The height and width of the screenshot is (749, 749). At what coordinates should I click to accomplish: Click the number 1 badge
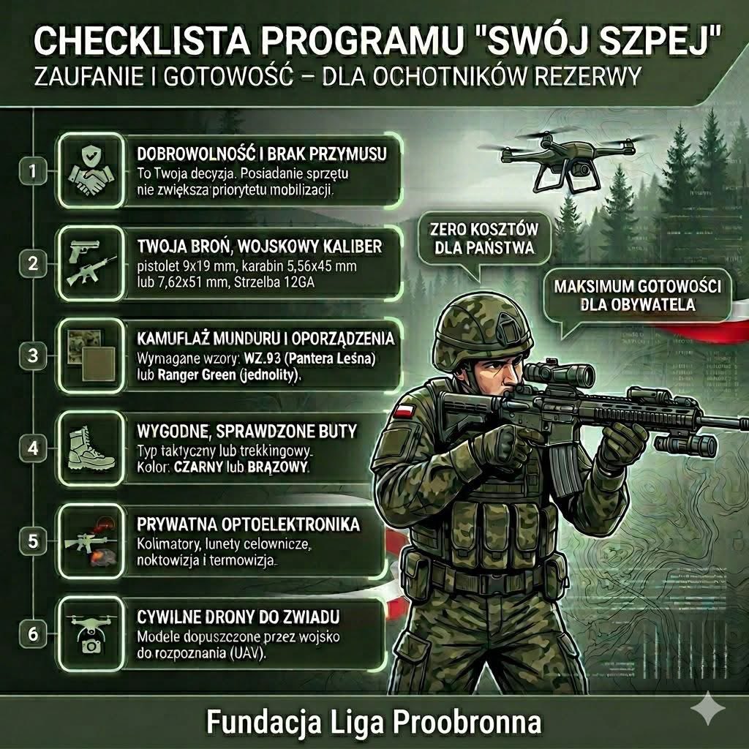tap(32, 170)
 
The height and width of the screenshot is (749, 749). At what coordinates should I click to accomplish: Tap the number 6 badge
tap(32, 634)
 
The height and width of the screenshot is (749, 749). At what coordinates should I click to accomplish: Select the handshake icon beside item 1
tap(91, 171)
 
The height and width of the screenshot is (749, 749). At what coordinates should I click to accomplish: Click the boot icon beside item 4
tap(91, 448)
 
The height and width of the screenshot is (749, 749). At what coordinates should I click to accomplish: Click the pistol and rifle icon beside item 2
tap(91, 263)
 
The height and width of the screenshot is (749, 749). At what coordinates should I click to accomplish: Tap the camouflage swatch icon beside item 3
tap(91, 355)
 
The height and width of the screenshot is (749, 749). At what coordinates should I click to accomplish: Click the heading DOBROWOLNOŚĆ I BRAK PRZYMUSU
tap(262, 154)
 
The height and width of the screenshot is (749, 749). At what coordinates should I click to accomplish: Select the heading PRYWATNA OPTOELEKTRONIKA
tap(248, 524)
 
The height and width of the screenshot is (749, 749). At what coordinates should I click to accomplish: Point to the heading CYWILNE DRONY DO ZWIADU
tap(238, 617)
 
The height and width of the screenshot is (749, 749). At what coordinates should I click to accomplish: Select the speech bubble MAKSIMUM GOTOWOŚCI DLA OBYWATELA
tap(637, 298)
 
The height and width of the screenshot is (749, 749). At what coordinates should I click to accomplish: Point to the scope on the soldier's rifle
tap(559, 374)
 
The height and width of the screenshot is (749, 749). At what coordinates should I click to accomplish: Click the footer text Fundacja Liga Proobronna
tap(374, 721)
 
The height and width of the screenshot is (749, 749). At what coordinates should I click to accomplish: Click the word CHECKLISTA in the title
tap(143, 42)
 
